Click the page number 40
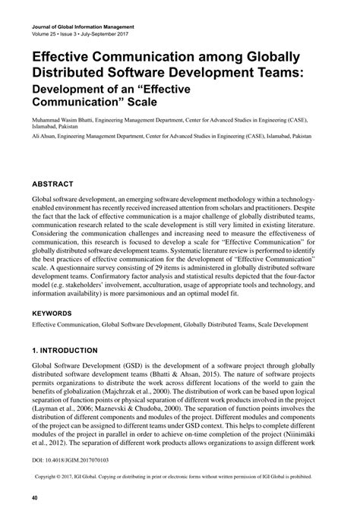(x=35, y=497)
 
